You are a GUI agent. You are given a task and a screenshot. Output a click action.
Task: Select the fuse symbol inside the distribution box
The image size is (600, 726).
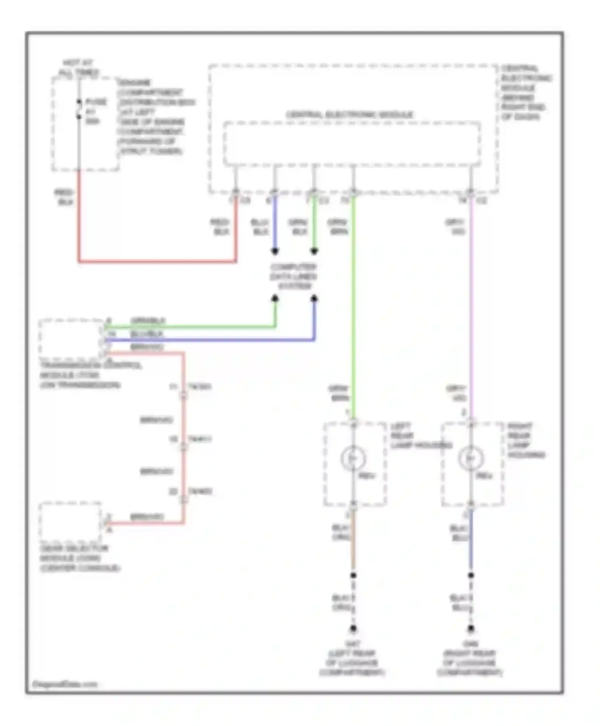coord(79,109)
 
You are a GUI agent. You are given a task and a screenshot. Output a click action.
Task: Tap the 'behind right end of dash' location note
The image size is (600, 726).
coord(526,93)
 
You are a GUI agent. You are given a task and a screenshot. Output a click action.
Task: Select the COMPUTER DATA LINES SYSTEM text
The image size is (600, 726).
coord(294,277)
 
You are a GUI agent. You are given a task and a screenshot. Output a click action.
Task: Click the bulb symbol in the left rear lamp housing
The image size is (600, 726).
coord(353,459)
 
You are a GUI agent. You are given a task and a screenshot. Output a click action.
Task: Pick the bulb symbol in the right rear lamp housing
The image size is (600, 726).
coord(471,459)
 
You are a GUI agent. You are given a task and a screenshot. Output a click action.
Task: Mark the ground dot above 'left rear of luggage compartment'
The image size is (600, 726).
coord(353,629)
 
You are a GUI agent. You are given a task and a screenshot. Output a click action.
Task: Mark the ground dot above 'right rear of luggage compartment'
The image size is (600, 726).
coord(471,629)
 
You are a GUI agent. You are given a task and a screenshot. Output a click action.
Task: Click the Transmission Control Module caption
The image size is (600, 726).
coord(90,375)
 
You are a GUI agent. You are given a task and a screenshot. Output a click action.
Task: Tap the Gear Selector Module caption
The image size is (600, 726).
coord(79,558)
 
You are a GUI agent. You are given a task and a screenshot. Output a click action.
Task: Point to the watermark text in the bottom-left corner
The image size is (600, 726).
coord(65,684)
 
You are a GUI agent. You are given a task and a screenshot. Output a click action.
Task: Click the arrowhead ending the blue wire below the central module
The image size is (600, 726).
coord(275,251)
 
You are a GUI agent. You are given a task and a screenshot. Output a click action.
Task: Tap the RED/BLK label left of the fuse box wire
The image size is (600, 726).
coord(64,197)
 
